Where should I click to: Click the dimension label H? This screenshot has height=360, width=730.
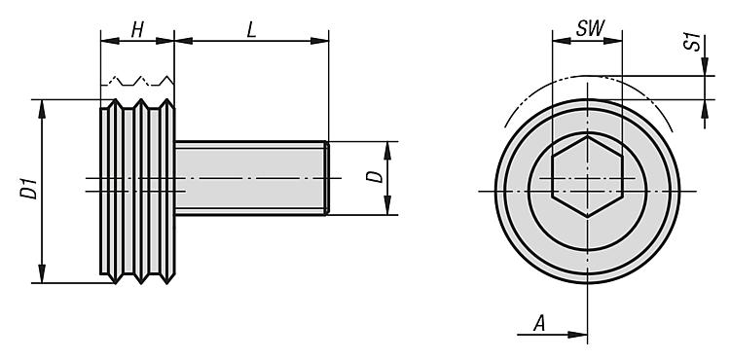[x=137, y=30]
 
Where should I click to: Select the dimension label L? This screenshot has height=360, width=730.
[x=251, y=30]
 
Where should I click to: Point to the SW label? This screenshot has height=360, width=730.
[x=590, y=29]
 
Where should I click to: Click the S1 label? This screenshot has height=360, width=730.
[x=694, y=42]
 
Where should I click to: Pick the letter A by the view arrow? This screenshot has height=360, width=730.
[x=539, y=323]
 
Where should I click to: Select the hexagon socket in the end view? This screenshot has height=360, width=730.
[x=587, y=176]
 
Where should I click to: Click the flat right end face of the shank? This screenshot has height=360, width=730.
[x=327, y=178]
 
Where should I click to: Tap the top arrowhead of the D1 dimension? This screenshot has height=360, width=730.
[x=42, y=108]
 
